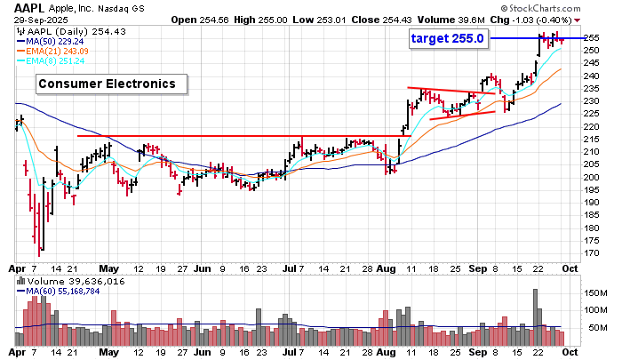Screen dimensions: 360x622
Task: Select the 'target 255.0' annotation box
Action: (x=447, y=39)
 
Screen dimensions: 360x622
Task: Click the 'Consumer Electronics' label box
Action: (x=112, y=84)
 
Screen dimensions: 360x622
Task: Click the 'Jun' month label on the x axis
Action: (x=202, y=267)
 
